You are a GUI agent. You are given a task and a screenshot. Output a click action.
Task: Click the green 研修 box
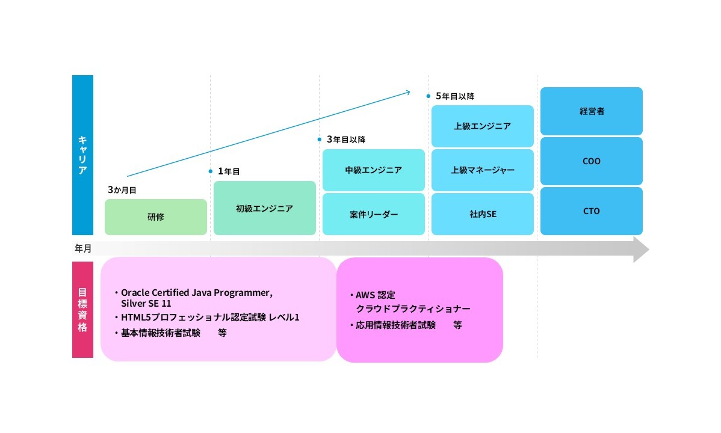(x=156, y=217)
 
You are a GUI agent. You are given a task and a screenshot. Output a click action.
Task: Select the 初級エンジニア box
(x=264, y=208)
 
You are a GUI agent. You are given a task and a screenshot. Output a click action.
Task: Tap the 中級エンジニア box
(x=373, y=170)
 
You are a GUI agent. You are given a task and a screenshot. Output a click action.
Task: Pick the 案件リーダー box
(x=373, y=214)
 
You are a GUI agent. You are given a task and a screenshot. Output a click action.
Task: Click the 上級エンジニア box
(x=482, y=126)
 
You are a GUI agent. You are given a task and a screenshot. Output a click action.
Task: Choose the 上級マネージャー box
(x=482, y=170)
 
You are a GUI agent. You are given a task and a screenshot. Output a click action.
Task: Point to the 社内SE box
(x=482, y=214)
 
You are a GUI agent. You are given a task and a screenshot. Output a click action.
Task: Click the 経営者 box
(x=592, y=111)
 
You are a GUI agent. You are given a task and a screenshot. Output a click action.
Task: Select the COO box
(x=592, y=161)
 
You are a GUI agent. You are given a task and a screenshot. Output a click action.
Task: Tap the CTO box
(x=592, y=211)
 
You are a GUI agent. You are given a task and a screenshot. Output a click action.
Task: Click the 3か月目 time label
(x=122, y=190)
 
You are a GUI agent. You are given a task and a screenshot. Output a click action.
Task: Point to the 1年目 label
(x=229, y=171)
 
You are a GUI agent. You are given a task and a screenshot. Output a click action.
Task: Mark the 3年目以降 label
(x=346, y=140)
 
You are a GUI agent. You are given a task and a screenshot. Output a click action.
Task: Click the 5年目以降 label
(x=455, y=96)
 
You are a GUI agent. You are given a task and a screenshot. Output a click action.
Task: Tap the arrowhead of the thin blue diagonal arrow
(x=409, y=93)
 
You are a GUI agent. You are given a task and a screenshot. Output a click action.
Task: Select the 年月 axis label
(x=83, y=249)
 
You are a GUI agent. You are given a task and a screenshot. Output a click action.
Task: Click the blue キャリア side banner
(x=83, y=155)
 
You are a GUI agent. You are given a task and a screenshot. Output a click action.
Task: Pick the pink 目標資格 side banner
(x=83, y=310)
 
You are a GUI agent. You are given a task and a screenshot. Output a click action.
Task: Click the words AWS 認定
(x=375, y=295)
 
